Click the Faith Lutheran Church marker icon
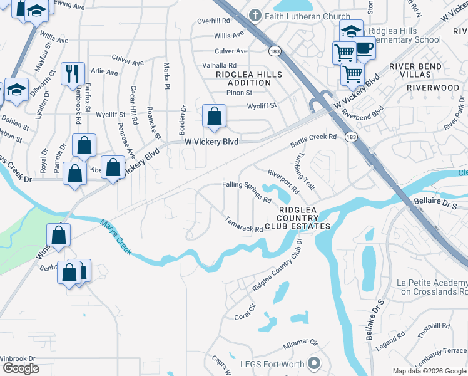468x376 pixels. pyautogui.click(x=255, y=15)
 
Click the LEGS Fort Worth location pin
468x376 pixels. pyautogui.click(x=315, y=363)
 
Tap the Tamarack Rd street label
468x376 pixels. pyautogui.click(x=244, y=225)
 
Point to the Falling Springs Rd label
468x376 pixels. pyautogui.click(x=247, y=189)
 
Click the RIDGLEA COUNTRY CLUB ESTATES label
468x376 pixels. pyautogui.click(x=297, y=218)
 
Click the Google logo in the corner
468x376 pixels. pyautogui.click(x=21, y=368)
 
